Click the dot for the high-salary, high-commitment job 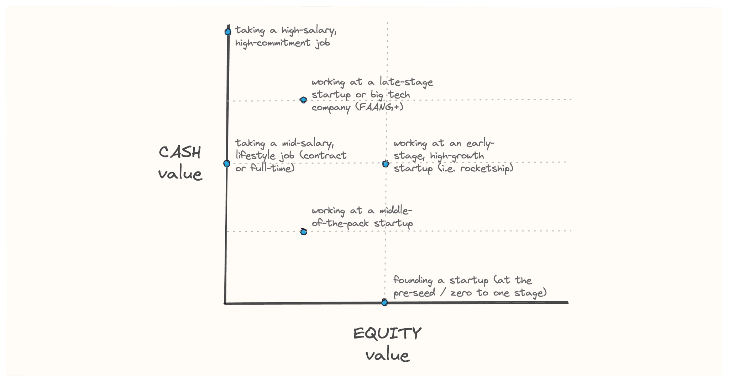[x=228, y=32]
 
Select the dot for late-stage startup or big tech [x=303, y=100]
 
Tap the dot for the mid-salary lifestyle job [x=227, y=164]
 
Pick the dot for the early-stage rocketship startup [x=386, y=164]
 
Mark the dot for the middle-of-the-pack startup [x=303, y=232]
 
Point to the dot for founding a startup [x=384, y=303]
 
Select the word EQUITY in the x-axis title [x=387, y=334]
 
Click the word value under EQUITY [x=387, y=355]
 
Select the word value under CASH [x=180, y=174]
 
